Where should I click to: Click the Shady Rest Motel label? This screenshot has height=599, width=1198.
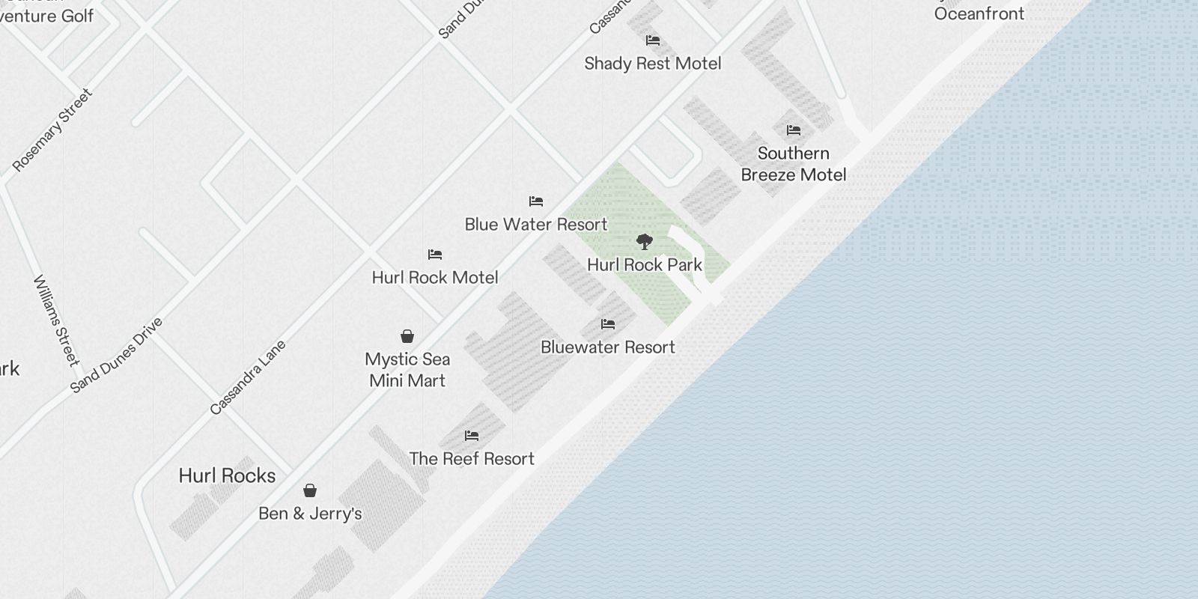tap(652, 64)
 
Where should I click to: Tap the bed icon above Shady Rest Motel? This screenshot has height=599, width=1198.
tap(653, 40)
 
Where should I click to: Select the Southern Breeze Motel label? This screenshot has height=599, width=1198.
tap(794, 164)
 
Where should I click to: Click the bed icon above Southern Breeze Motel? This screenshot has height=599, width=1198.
tap(794, 130)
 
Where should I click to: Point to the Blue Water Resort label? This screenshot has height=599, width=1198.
tap(536, 224)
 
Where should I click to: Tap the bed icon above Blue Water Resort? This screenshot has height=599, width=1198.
tap(536, 201)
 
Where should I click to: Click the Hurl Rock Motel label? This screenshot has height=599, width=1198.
tap(435, 278)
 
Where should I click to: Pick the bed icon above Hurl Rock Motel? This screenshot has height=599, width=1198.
tap(435, 255)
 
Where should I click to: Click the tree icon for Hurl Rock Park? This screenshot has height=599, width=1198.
tap(644, 242)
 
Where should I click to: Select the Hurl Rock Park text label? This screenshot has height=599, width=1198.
tap(645, 265)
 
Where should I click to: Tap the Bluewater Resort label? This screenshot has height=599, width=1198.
tap(608, 347)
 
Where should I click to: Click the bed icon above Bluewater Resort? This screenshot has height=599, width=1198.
tap(608, 324)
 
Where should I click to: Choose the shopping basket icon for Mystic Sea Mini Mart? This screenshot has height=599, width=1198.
tap(407, 336)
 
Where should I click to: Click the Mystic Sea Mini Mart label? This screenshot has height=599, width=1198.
tap(407, 370)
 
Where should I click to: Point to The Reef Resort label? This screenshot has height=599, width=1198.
tap(472, 459)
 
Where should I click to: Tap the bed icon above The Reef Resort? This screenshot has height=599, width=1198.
tap(472, 436)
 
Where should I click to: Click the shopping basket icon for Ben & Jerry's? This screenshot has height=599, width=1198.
tap(310, 490)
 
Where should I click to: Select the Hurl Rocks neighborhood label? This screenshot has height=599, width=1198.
tap(227, 476)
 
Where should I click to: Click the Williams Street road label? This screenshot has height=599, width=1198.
tap(56, 320)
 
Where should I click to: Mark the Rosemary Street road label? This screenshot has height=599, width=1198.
tap(53, 130)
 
